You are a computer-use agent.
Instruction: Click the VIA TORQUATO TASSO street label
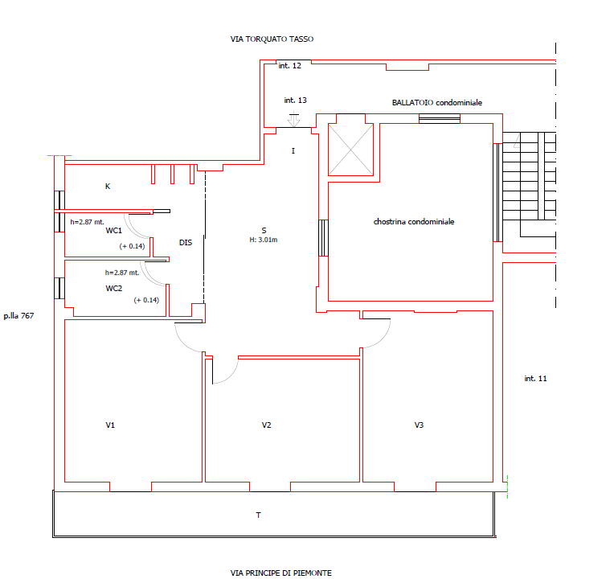272,39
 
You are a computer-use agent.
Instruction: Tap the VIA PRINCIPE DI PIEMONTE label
280,573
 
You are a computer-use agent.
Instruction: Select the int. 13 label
295,101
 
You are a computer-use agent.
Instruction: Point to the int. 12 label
290,66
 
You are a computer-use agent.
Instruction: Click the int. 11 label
535,379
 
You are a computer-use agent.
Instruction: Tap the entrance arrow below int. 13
294,119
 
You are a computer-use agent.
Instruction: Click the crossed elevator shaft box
351,150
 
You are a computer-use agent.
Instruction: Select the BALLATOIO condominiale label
437,103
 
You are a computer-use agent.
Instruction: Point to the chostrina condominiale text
414,222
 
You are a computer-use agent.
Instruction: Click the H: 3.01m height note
264,240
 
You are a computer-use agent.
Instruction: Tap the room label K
108,187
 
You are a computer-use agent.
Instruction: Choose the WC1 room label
114,231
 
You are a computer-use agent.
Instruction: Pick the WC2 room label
114,289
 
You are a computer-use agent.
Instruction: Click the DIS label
186,243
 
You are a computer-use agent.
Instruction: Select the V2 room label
266,425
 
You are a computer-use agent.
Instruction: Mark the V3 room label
419,425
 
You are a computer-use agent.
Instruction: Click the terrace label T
259,515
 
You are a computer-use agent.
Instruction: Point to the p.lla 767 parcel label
18,316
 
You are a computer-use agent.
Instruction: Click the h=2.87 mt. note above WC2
122,273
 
